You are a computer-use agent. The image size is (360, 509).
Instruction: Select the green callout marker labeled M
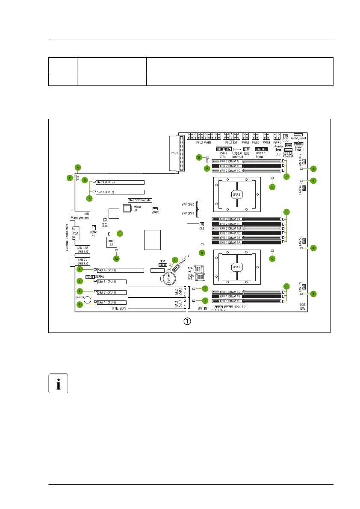tap(116, 258)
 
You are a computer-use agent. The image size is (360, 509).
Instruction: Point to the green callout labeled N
tap(202, 253)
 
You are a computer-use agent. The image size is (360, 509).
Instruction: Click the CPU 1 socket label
tap(236, 267)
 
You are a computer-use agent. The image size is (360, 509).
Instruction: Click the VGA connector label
tap(75, 234)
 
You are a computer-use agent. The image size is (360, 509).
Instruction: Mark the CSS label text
tap(202, 229)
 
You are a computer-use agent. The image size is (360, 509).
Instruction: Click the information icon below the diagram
tap(58, 382)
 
